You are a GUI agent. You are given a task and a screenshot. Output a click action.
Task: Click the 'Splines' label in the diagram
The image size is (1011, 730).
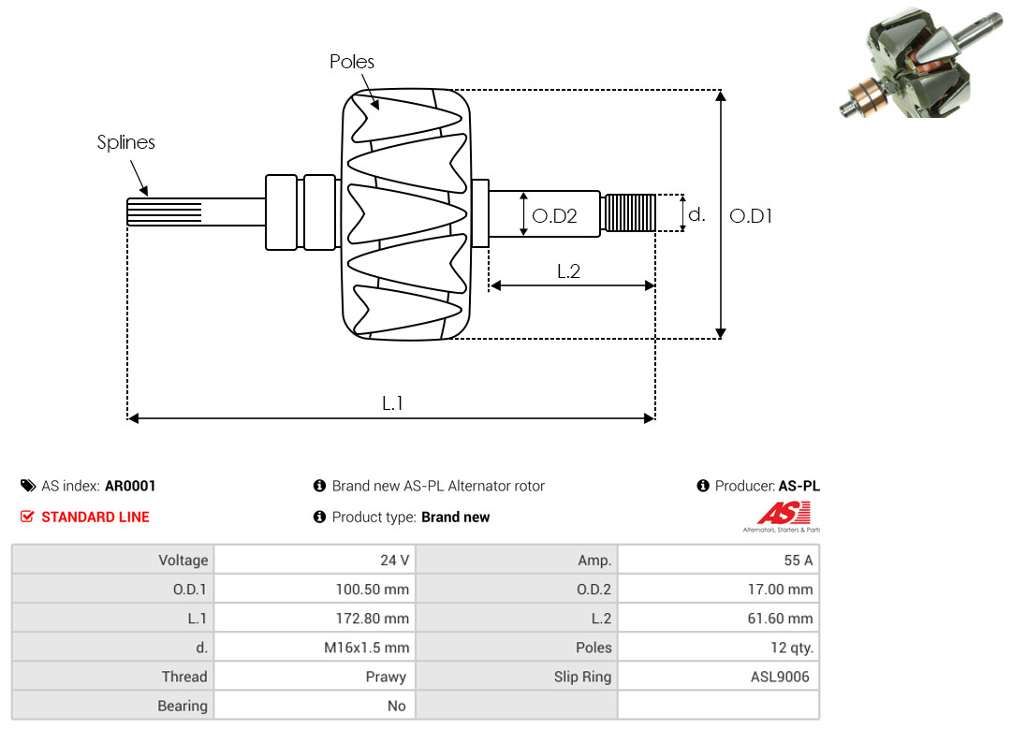coord(126,142)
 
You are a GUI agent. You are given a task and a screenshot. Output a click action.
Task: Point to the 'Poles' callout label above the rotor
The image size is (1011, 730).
coord(352,62)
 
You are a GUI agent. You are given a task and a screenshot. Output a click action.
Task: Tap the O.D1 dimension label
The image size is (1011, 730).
coord(751,216)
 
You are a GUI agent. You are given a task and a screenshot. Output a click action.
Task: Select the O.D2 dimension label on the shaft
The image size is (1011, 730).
coord(554,216)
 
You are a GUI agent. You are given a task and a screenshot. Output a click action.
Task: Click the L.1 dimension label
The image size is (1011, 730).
coord(392,403)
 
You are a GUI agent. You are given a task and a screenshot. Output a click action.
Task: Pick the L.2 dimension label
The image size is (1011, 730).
coord(569,271)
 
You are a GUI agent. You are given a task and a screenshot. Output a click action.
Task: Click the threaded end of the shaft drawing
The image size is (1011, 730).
coord(627,212)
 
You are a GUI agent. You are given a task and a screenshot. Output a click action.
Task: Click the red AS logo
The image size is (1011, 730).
coord(782,514)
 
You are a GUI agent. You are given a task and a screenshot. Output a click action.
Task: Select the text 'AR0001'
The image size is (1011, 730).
coord(130,486)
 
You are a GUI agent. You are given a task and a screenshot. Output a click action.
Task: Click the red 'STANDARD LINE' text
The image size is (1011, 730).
coord(95,517)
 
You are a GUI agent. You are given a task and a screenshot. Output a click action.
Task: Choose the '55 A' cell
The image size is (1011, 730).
coord(799,561)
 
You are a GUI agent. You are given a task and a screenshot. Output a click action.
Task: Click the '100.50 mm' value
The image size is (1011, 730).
coord(373,590)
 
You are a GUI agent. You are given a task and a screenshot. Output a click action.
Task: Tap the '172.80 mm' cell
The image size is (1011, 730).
coord(373,619)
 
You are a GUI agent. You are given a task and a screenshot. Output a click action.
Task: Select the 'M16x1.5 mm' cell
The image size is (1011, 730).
coord(367,648)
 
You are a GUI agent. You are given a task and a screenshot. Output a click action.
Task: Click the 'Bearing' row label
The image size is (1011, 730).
coord(183,706)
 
